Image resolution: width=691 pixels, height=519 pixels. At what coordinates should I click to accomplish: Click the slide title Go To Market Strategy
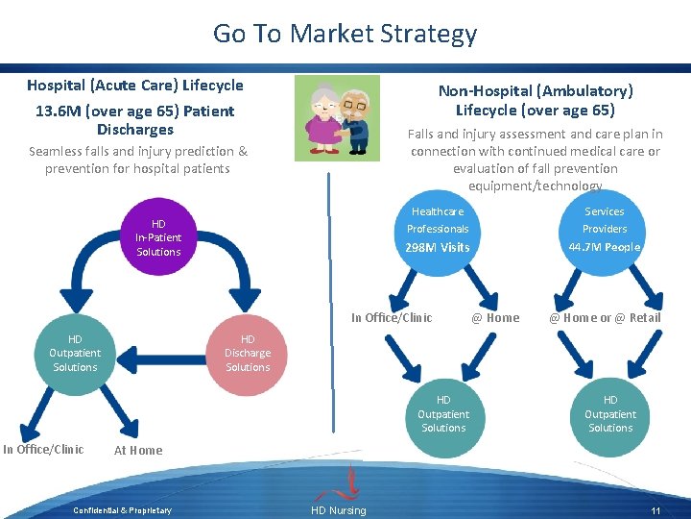coord(345,34)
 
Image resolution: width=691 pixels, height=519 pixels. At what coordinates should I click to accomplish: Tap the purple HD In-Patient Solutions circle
coord(158,237)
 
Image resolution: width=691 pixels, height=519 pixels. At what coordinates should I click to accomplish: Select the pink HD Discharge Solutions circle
coord(248,353)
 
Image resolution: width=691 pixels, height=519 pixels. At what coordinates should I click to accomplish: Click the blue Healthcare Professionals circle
coord(438,231)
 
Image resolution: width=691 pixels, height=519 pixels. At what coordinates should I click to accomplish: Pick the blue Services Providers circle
coord(605,231)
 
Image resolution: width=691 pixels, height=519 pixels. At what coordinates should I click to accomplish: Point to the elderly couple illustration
coord(336,115)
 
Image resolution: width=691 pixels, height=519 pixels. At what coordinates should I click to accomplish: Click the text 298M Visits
coord(438,248)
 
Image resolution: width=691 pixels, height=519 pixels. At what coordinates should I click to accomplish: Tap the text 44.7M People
coord(605,247)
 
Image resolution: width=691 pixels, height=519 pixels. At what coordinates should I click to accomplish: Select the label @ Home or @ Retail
coord(605,318)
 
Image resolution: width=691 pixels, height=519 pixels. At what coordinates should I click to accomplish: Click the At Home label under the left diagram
coord(138,450)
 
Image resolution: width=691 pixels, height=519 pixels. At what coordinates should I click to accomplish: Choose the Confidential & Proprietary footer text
coord(123,510)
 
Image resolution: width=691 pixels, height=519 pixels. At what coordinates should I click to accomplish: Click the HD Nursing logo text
coord(338,510)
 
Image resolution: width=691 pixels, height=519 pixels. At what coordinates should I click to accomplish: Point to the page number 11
coord(655,510)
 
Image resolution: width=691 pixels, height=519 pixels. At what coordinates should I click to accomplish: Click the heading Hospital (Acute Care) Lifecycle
coord(135,85)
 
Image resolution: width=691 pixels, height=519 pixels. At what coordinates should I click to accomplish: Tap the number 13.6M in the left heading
coord(58,111)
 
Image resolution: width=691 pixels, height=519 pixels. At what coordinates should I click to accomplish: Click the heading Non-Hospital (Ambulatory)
coord(536,90)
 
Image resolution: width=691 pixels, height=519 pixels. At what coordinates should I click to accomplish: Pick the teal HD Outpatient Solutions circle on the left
coord(75,353)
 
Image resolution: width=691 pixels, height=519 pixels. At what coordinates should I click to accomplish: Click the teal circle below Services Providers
coord(610,414)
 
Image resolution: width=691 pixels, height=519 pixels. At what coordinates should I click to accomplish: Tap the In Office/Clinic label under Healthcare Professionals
coord(392,318)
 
